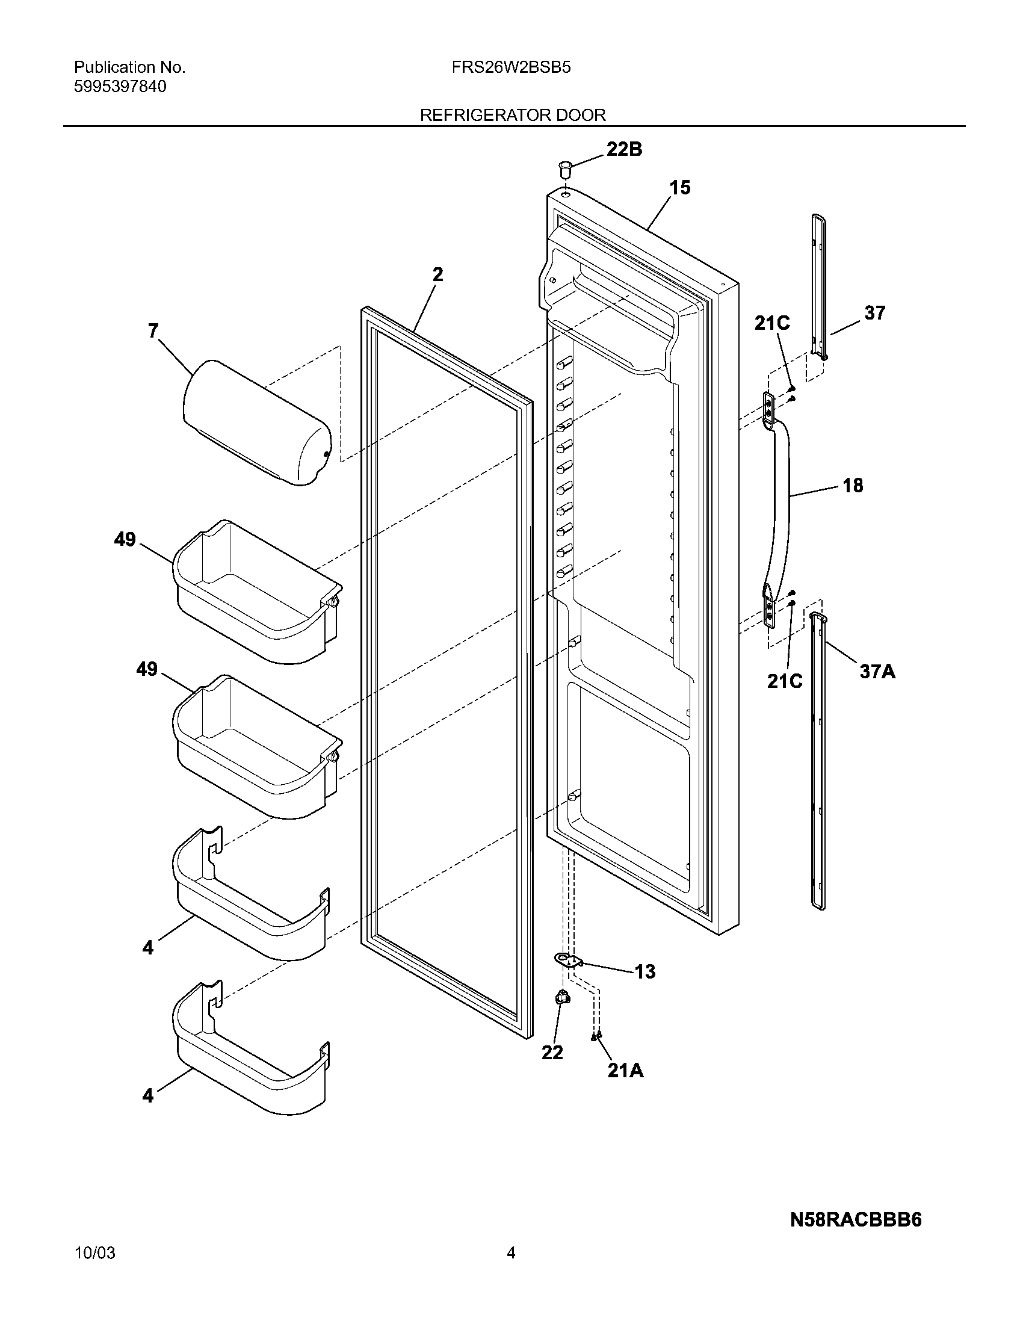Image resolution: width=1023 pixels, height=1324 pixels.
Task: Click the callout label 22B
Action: pyautogui.click(x=624, y=149)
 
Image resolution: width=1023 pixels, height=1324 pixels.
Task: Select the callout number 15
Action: pyautogui.click(x=680, y=188)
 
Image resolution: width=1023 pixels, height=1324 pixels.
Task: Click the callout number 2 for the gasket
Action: pyautogui.click(x=437, y=274)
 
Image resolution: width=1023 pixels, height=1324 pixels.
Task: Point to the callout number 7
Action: pyautogui.click(x=153, y=330)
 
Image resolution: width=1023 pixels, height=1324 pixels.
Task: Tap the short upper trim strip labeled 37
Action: pyautogui.click(x=819, y=285)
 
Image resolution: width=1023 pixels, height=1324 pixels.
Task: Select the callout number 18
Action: pyautogui.click(x=853, y=485)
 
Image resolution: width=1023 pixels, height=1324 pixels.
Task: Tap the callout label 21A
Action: pyautogui.click(x=625, y=1071)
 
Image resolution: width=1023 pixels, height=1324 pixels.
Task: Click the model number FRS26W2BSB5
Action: pyautogui.click(x=511, y=67)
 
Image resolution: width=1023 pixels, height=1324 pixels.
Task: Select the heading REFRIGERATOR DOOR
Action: pyautogui.click(x=513, y=115)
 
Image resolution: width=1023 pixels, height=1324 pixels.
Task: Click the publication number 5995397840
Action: pyautogui.click(x=120, y=87)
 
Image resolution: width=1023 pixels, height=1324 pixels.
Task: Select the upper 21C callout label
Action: pyautogui.click(x=771, y=324)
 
